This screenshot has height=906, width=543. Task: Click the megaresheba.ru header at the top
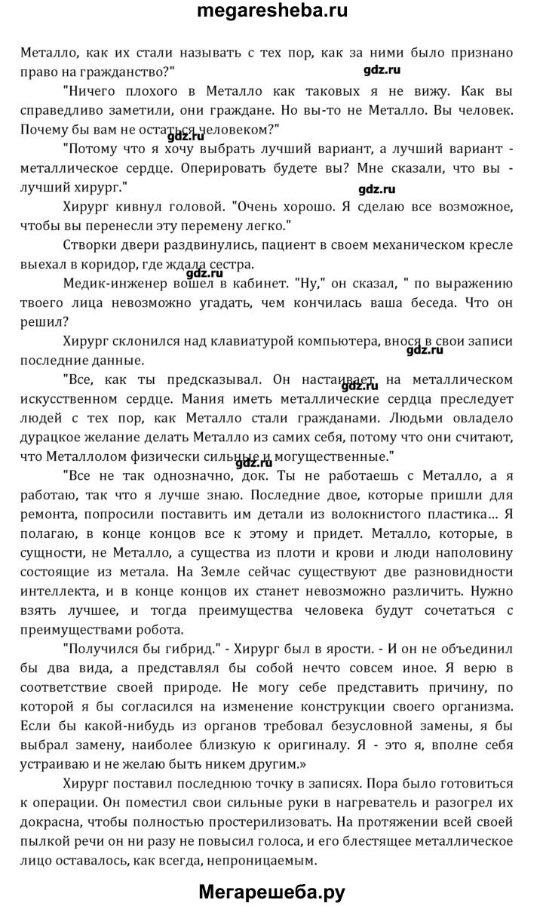(271, 13)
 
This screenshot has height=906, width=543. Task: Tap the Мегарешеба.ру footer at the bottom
(271, 892)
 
